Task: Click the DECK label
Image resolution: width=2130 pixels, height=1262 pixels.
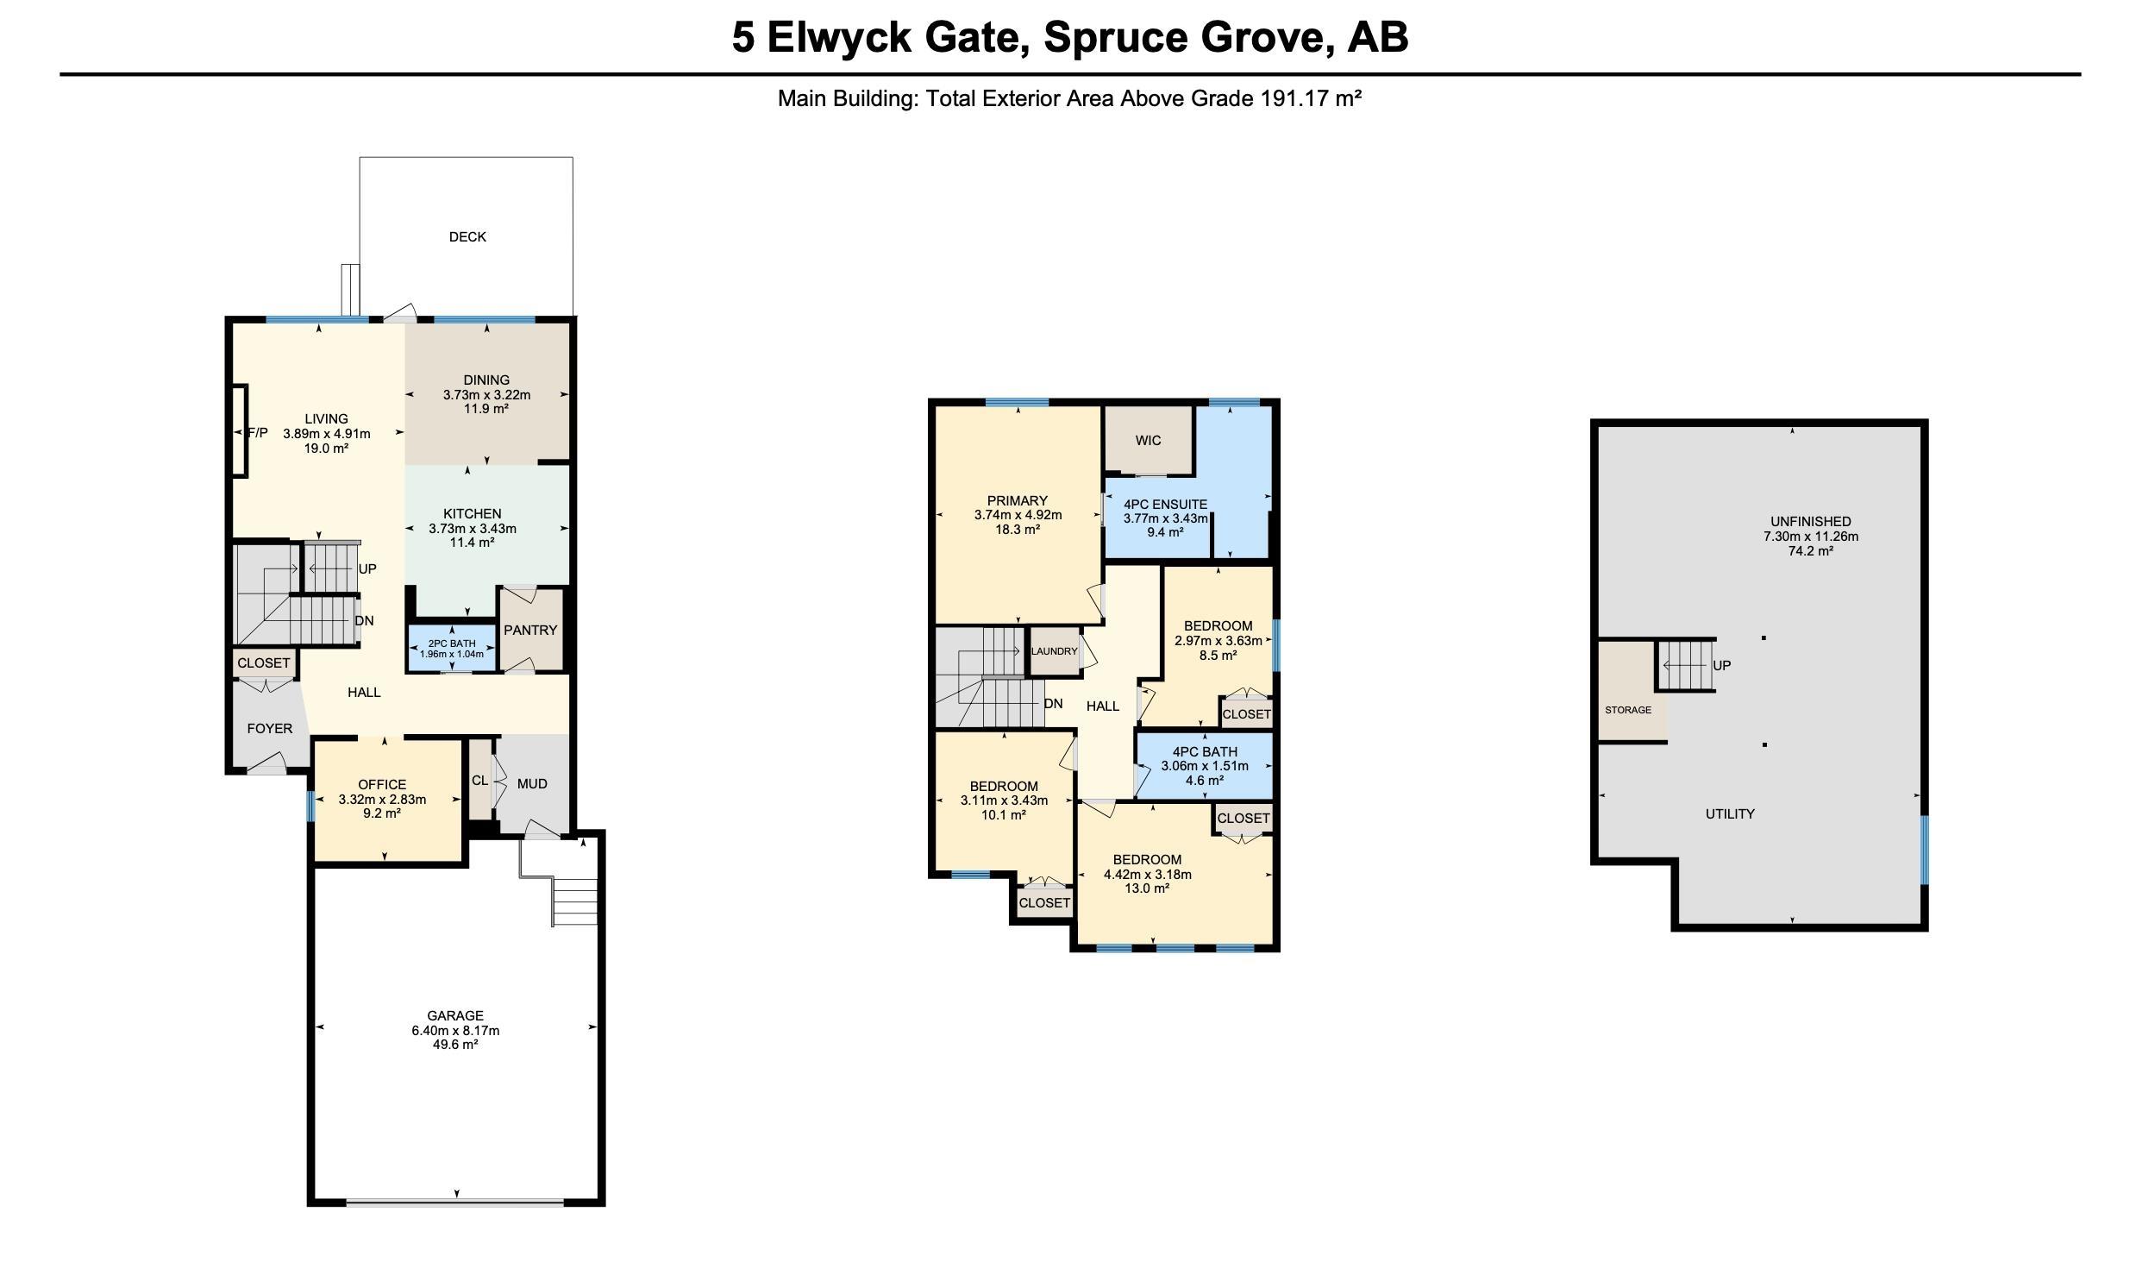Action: tap(467, 236)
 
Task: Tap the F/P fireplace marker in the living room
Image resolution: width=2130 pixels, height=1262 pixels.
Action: tap(258, 433)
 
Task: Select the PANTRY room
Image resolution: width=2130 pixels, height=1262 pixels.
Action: tap(530, 631)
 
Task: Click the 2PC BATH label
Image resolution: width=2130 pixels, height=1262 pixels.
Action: tap(452, 644)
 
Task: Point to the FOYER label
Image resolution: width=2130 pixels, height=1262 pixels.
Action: tap(269, 729)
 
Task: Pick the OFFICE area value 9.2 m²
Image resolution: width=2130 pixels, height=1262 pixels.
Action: tap(382, 813)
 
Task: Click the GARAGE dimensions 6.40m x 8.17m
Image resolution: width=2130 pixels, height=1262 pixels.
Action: tap(455, 1030)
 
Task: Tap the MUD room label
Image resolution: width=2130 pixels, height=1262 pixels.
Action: tap(532, 784)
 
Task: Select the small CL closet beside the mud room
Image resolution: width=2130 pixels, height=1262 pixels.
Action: tap(479, 781)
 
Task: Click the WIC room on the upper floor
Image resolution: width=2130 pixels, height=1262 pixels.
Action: tap(1148, 441)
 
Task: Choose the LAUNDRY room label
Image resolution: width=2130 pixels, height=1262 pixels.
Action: tap(1054, 651)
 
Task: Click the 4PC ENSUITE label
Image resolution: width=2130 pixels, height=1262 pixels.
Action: tap(1165, 505)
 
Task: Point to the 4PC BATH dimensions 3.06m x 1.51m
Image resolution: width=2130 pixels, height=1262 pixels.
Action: tap(1204, 766)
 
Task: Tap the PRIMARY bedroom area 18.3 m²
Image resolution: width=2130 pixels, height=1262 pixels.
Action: tap(1018, 530)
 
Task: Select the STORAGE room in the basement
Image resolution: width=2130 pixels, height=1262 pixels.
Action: tap(1627, 710)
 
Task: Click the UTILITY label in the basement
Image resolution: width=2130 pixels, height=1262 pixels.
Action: tap(1729, 813)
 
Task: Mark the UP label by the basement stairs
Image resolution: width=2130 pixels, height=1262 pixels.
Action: tap(1721, 665)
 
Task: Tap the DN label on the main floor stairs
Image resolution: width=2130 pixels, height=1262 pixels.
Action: tap(364, 621)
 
